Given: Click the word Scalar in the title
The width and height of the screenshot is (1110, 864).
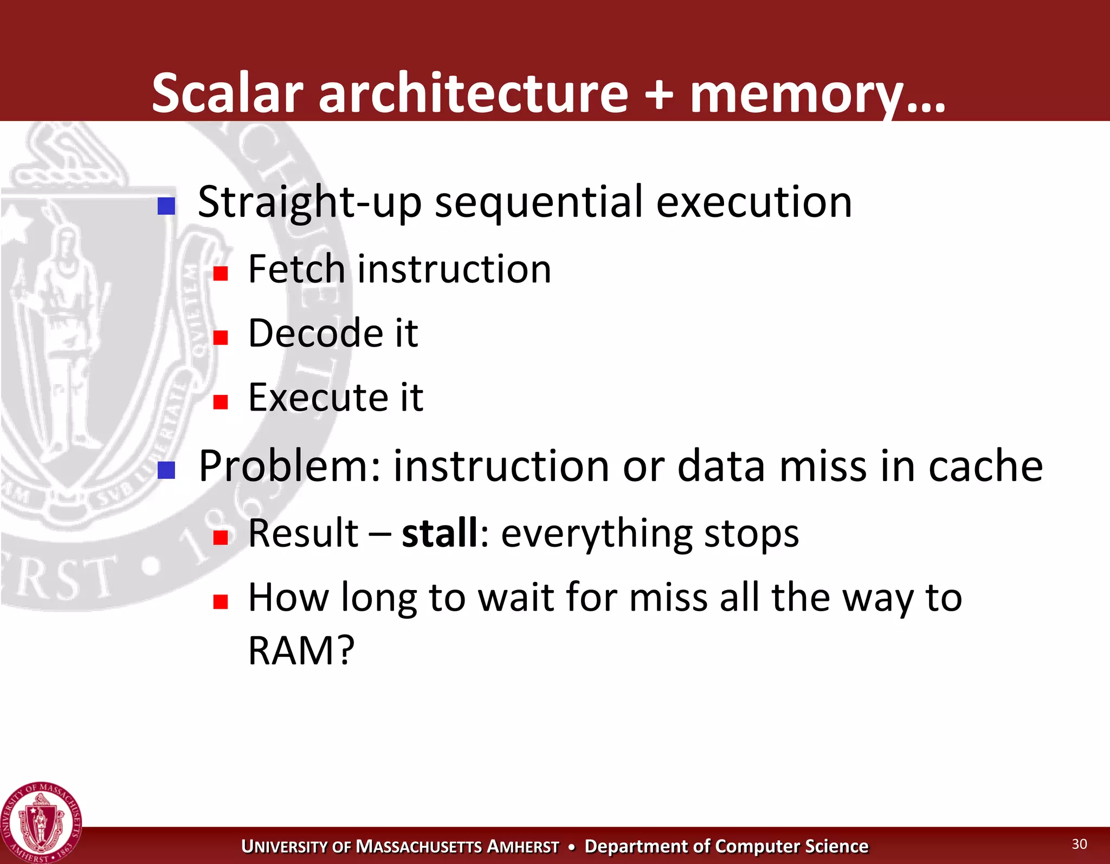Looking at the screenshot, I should [227, 93].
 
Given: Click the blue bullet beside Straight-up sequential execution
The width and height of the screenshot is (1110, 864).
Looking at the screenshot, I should [166, 206].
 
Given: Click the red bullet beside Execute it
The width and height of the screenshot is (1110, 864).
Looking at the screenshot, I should [220, 401].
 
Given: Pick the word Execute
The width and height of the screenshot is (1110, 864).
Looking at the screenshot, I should [318, 398].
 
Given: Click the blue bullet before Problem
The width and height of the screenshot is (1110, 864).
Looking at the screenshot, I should [166, 470].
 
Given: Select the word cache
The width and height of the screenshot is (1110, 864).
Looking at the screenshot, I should [985, 466].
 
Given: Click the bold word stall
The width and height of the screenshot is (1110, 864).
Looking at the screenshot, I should [440, 534].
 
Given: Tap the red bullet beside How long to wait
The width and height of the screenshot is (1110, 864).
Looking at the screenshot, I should [220, 601].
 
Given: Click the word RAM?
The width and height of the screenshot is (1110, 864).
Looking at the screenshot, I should [301, 651].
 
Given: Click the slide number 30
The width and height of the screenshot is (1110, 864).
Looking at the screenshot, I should [1079, 844].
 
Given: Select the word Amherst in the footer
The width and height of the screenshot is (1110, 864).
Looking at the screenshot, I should [522, 847].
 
